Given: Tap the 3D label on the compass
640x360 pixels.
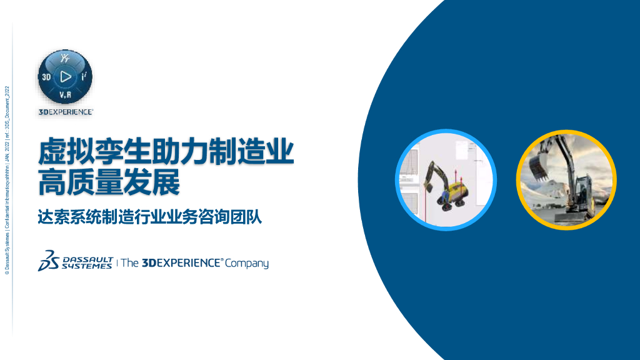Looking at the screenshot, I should tap(46, 77).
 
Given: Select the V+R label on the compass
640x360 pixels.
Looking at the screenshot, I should tap(66, 95).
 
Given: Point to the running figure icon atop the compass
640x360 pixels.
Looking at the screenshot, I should tap(65, 59).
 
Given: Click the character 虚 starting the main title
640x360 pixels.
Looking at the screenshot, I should tap(54, 152).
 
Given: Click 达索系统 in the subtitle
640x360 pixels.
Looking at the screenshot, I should tap(65, 218).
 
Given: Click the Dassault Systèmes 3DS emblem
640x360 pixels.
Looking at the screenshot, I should tap(48, 262).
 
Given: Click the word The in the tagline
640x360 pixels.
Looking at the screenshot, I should tap(129, 263).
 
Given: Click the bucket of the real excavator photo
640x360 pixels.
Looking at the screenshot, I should tap(537, 166).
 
